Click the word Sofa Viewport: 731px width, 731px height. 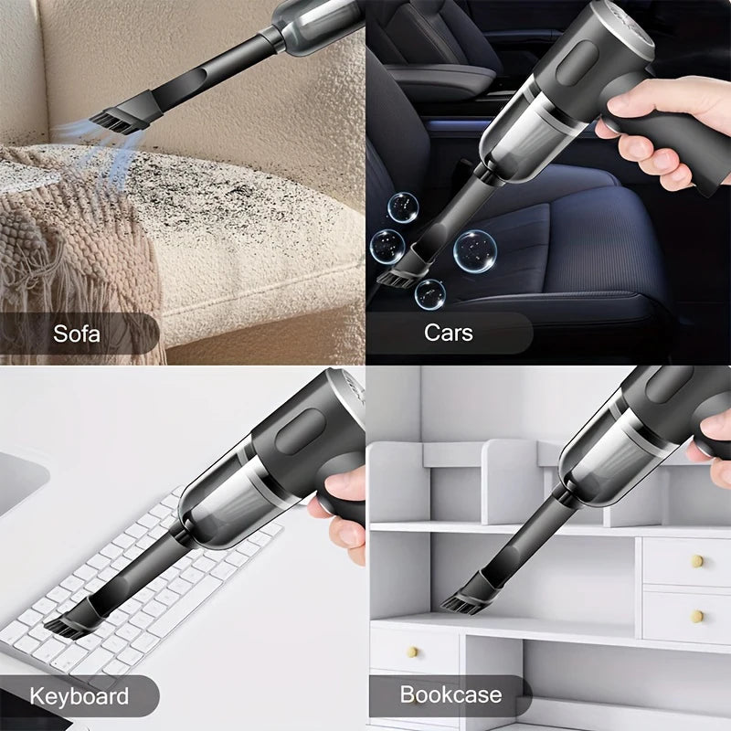[x=77, y=333]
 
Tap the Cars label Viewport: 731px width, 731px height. [x=449, y=332]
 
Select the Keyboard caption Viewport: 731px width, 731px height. [x=79, y=696]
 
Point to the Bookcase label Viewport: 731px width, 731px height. [x=450, y=694]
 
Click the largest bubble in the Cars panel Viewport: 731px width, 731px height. [x=475, y=249]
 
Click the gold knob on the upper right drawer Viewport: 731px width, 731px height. [x=696, y=561]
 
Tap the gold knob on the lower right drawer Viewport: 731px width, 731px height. [x=696, y=616]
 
